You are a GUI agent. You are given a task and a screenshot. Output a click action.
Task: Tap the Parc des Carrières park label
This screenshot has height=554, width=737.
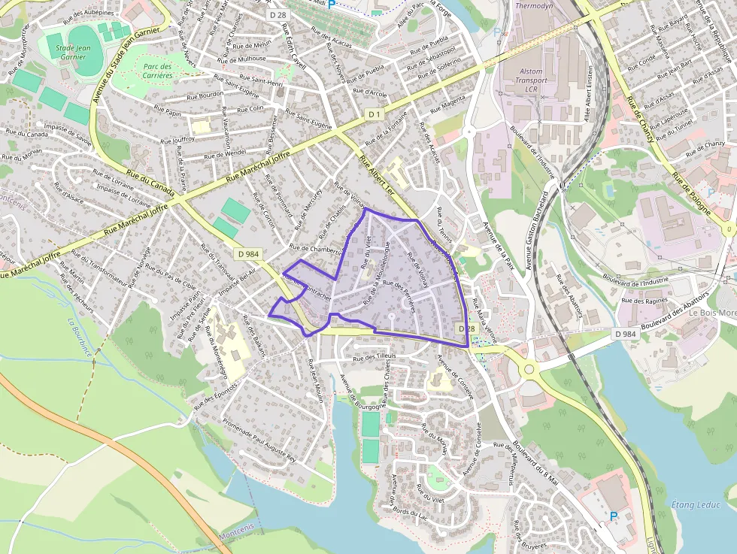click(x=156, y=71)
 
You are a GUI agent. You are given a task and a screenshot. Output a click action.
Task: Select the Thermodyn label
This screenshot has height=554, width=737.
click(x=533, y=5)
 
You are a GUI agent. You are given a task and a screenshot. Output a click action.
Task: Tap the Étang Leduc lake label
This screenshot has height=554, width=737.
click(x=695, y=504)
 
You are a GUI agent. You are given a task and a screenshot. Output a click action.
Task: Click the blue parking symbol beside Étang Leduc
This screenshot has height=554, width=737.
click(x=613, y=516)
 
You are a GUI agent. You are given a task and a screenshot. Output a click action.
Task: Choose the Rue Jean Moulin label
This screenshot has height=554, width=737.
click(x=315, y=381)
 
